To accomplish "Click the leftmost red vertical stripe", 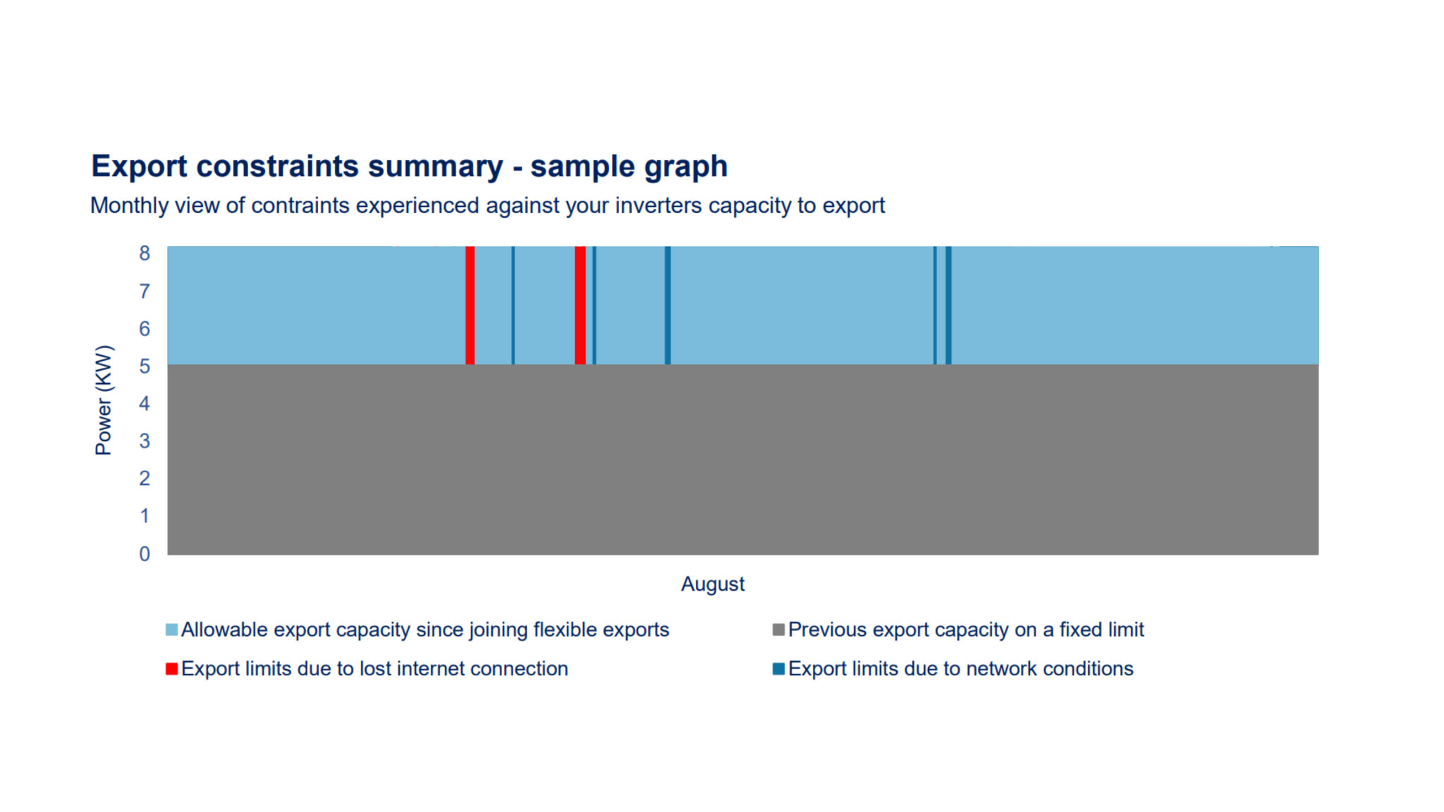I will click(x=470, y=305).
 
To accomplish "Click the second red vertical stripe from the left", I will click(x=580, y=305).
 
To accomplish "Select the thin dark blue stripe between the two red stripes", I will click(x=513, y=305).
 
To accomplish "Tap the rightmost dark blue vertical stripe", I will click(x=948, y=305).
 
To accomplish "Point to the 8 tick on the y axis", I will click(x=145, y=253).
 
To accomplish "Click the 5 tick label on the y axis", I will click(x=145, y=366).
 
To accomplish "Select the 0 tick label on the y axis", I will click(x=145, y=553).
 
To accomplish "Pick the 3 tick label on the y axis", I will click(x=145, y=441).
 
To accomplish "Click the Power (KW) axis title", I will click(x=104, y=400).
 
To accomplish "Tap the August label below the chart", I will click(x=712, y=584).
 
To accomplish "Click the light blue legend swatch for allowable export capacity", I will click(x=171, y=629).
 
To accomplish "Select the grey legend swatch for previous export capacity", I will click(x=778, y=629).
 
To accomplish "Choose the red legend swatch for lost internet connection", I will click(x=171, y=668).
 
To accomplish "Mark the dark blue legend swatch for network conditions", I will click(x=778, y=668).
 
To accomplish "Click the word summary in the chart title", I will click(x=435, y=166).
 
